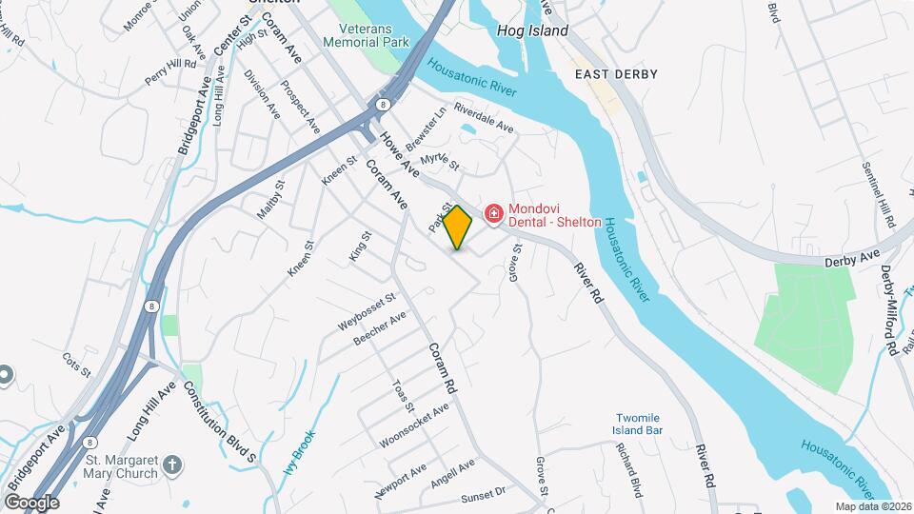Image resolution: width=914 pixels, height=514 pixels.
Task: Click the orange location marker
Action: tap(458, 227)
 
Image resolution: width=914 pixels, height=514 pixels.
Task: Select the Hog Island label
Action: tap(532, 30)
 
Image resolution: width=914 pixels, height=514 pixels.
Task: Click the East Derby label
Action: tap(616, 73)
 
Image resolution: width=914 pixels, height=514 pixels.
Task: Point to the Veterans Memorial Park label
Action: tap(366, 35)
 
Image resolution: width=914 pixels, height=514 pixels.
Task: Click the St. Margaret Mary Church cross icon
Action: tap(171, 464)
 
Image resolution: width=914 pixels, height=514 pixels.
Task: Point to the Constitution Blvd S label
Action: tap(220, 423)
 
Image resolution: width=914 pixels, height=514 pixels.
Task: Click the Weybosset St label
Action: tap(366, 312)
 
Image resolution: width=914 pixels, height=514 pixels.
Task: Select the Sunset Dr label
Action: tap(485, 495)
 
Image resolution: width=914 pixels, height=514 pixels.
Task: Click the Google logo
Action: tap(30, 503)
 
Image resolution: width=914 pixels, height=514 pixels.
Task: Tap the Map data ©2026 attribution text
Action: tap(873, 506)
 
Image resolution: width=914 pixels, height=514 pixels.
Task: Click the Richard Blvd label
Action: tap(629, 470)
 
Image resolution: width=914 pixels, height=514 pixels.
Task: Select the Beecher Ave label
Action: tap(379, 328)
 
